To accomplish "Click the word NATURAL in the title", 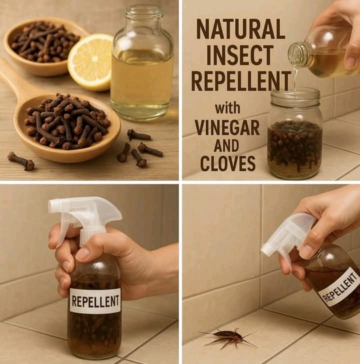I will (240, 29).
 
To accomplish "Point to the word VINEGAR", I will (227, 127).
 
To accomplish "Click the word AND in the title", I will (227, 145).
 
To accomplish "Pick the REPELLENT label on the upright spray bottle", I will (95, 301).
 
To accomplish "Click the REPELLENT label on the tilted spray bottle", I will (339, 286).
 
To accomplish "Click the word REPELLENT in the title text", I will (240, 80).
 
